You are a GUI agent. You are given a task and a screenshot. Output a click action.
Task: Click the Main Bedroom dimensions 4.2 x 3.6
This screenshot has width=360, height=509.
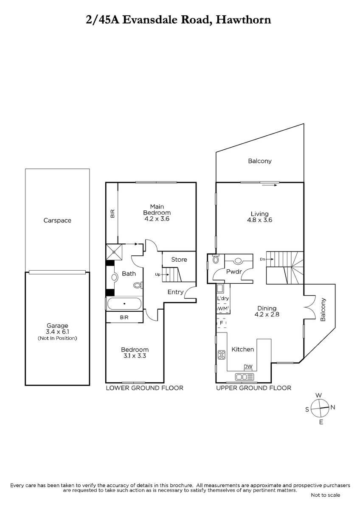coord(157,219)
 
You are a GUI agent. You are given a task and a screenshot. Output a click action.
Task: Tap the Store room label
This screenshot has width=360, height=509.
coord(179,260)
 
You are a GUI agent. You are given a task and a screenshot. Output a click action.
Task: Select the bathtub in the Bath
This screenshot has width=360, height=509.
coord(124,304)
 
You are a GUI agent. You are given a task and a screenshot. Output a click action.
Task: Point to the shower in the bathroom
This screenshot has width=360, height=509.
coord(114,252)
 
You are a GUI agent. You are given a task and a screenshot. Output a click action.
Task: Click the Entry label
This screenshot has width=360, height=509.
coord(175,292)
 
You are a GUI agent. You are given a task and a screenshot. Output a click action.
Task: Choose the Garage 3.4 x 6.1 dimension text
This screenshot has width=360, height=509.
coord(57,332)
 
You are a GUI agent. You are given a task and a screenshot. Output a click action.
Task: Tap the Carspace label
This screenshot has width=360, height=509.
coord(57,221)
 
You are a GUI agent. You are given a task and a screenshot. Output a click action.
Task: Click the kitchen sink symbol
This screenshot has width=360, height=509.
coord(245,377)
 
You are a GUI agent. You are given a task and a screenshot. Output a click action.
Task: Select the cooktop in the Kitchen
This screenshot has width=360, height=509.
coord(222,355)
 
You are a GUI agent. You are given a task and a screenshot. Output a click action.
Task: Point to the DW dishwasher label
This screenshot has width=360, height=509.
coord(248,366)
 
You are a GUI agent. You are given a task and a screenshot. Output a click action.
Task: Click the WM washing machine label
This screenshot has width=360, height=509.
coord(222,309)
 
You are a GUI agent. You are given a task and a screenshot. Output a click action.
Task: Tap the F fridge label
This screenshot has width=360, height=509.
coord(221,323)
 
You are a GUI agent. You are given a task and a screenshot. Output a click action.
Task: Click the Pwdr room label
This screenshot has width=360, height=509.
coord(234,271)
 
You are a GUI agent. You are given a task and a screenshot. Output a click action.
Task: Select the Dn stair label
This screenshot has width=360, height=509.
coord(263,259)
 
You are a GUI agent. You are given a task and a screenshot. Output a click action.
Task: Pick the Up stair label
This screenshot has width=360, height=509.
coord(157,274)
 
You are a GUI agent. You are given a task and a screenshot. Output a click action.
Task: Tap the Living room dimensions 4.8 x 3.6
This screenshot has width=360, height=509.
coord(259,220)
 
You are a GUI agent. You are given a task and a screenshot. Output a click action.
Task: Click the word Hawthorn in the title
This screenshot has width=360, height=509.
coord(243,20)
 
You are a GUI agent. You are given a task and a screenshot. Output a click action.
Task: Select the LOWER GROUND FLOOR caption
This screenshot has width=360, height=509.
coord(145,388)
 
